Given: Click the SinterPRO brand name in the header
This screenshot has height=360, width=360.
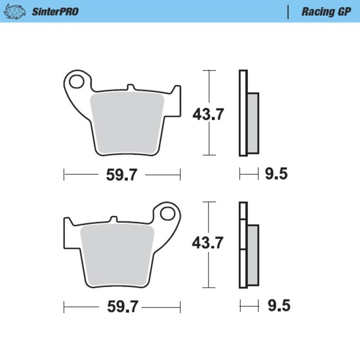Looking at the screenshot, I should click(55, 12).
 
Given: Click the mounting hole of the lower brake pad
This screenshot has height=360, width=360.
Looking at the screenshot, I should click(169, 213).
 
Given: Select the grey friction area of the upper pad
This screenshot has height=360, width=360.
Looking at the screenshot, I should click(127, 121).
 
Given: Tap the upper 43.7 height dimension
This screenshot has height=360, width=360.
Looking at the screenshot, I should click(208, 115).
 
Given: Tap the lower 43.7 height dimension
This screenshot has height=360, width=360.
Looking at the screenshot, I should click(207, 243).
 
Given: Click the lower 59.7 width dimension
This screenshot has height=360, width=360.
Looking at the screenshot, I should click(122, 307).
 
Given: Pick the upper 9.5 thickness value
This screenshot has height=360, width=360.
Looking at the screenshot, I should click(276, 174).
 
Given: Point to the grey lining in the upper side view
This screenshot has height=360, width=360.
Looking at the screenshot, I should click(253, 122).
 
